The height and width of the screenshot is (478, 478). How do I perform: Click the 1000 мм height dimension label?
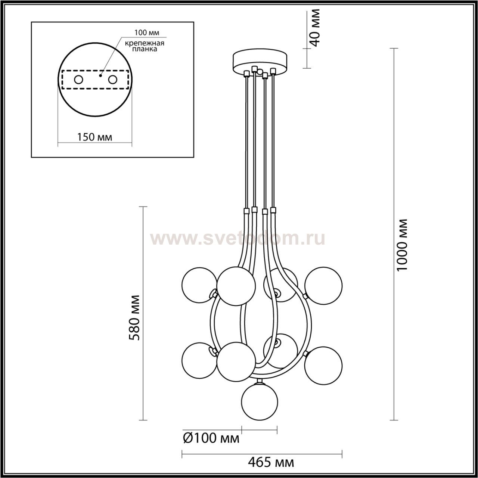click(x=402, y=245)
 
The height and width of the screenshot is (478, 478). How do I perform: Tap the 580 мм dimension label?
click(x=136, y=318)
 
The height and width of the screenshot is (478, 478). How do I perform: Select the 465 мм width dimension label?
click(x=271, y=462)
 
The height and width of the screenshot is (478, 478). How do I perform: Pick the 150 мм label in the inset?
click(x=94, y=137)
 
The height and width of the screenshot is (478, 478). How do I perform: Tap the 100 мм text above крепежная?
click(x=147, y=32)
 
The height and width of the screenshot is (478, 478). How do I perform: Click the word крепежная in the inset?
click(x=145, y=43)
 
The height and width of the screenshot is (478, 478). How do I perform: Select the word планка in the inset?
click(x=145, y=49)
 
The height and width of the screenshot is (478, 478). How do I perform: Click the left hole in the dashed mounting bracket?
click(x=79, y=80)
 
